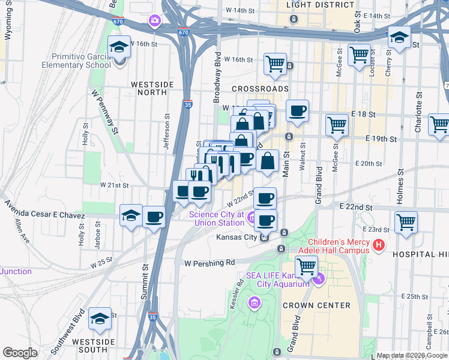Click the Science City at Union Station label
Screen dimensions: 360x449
(216, 218)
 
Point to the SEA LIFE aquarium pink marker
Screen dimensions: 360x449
(319, 277)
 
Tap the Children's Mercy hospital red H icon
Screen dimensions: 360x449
(378, 245)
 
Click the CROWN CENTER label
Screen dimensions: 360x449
(325, 305)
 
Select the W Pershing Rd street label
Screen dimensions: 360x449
(209, 263)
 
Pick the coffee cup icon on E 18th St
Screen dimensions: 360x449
(297, 110)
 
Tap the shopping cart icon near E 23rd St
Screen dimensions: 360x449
(406, 222)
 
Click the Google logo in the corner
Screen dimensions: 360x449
(20, 353)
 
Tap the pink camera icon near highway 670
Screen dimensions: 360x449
(155, 21)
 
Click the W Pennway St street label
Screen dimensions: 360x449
(104, 110)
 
